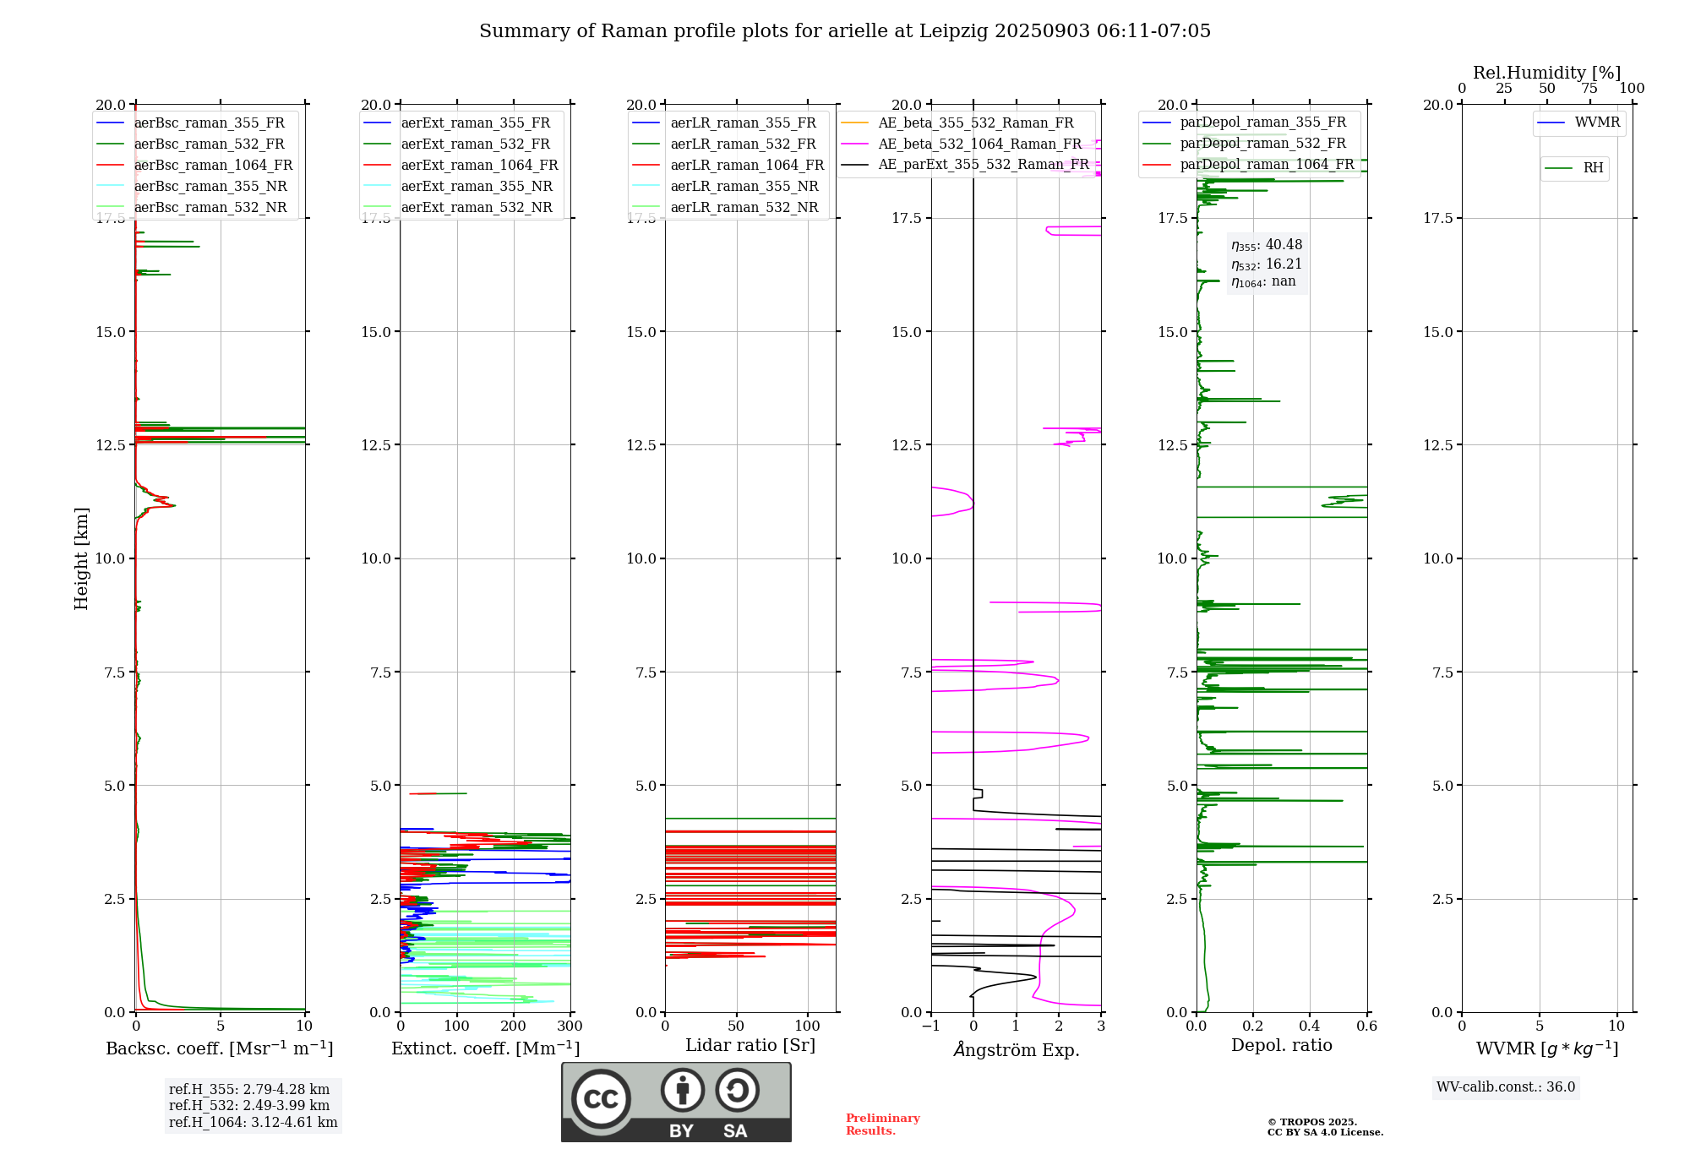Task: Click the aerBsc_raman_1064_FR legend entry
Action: (x=213, y=165)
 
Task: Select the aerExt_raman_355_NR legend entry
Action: (x=477, y=186)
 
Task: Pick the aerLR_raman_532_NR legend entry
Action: (x=744, y=207)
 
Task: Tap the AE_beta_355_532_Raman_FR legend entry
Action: (x=975, y=123)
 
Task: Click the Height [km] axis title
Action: (x=81, y=558)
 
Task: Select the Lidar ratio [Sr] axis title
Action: (x=750, y=1045)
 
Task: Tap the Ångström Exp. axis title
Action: (x=1017, y=1049)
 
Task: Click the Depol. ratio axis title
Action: (x=1282, y=1045)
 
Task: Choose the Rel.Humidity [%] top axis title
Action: (x=1547, y=73)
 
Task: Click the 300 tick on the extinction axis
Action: (x=570, y=1026)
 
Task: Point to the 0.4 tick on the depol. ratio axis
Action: (x=1310, y=1026)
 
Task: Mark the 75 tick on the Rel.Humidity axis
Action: (x=1589, y=88)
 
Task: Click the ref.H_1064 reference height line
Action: (x=253, y=1122)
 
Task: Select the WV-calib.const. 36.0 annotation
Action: (x=1506, y=1086)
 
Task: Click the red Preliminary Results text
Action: (x=882, y=1124)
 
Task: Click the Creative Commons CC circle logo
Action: (x=601, y=1098)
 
